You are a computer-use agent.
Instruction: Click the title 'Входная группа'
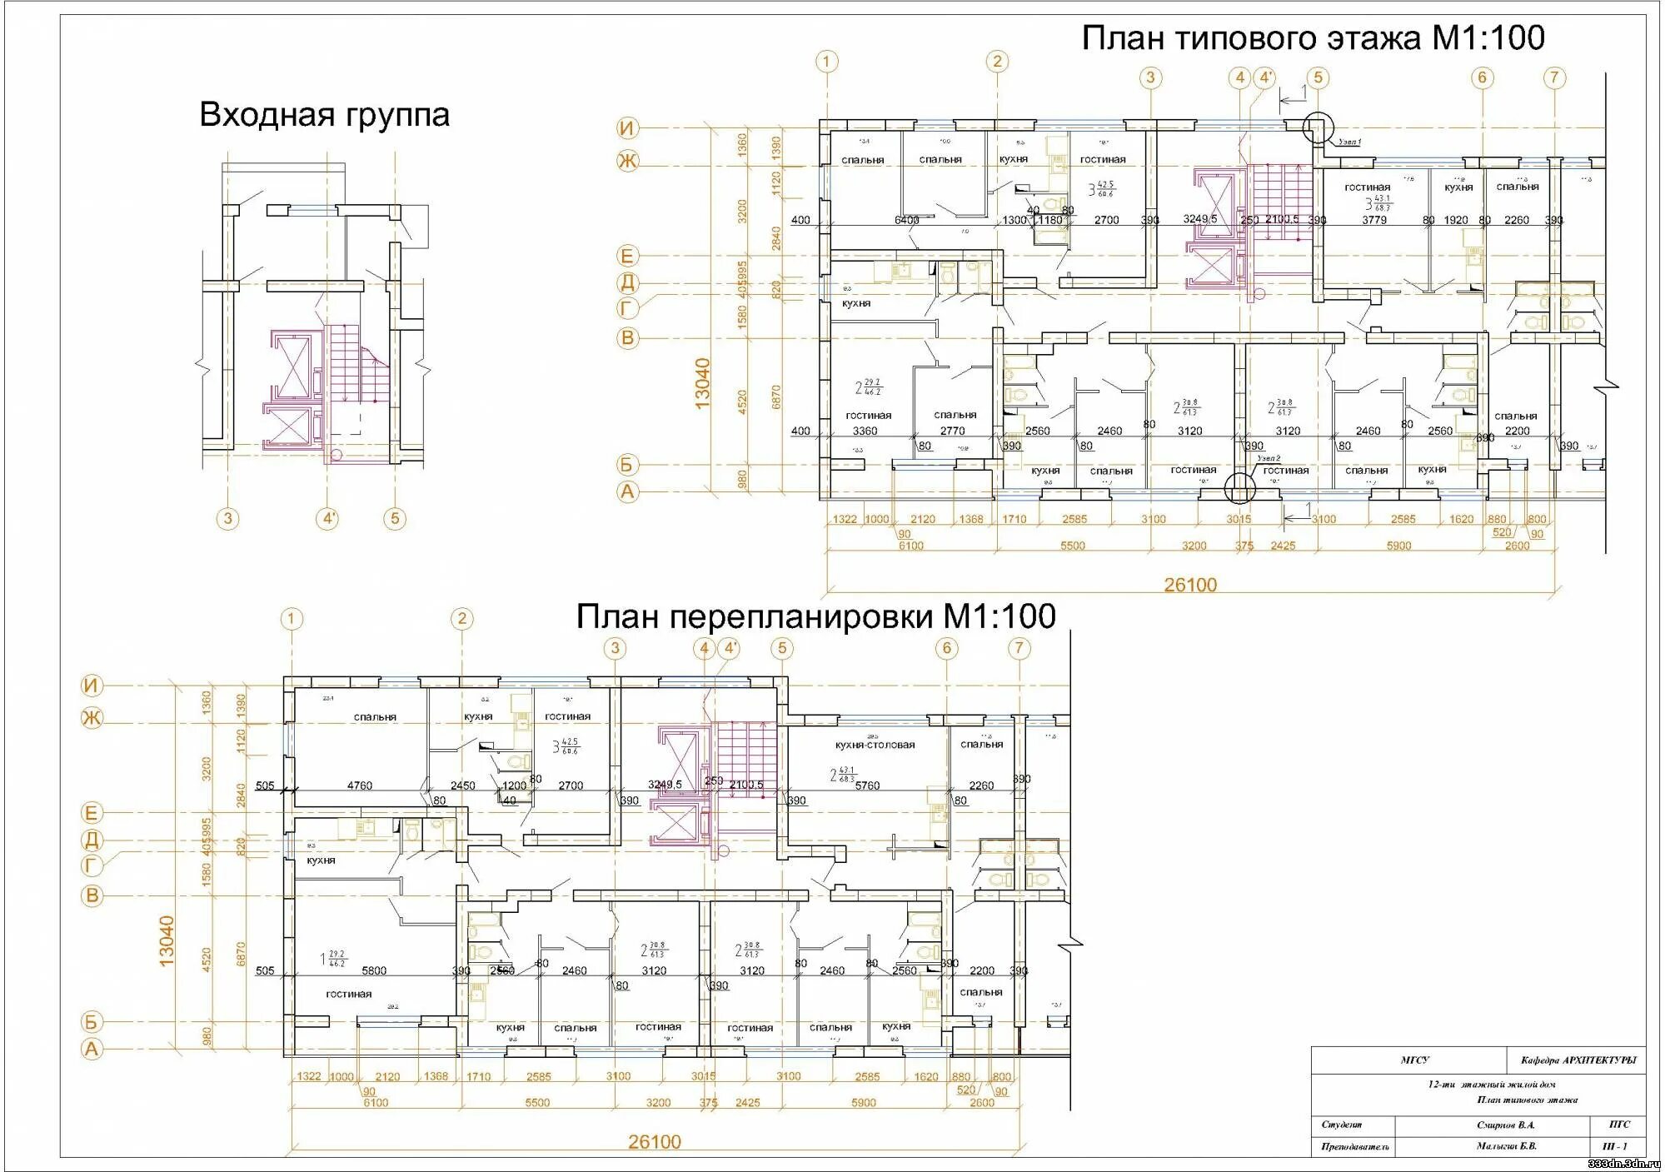(324, 115)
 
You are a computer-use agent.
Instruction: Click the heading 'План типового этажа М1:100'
(1313, 38)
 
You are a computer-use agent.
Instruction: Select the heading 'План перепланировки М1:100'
(815, 616)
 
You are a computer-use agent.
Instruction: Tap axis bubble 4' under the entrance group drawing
(329, 519)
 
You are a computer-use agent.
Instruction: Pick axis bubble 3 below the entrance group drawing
(228, 519)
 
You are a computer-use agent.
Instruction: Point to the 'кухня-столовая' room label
(875, 745)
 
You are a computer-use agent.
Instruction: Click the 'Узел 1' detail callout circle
(1318, 128)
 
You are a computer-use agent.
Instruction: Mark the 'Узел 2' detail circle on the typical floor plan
(1239, 488)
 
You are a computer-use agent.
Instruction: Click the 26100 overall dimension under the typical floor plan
(1190, 585)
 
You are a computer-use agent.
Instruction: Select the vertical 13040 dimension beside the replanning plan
(167, 940)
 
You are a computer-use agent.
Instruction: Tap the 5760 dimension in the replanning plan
(867, 785)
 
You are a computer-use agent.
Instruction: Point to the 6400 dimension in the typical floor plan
(906, 221)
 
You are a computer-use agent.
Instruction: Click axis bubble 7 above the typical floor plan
(1554, 77)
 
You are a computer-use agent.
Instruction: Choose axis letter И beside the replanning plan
(92, 686)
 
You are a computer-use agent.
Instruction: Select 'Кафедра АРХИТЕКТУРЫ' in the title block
(1578, 1060)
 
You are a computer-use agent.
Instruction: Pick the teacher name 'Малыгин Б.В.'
(1506, 1146)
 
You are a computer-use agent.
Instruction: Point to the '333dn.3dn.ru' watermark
(1623, 1164)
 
